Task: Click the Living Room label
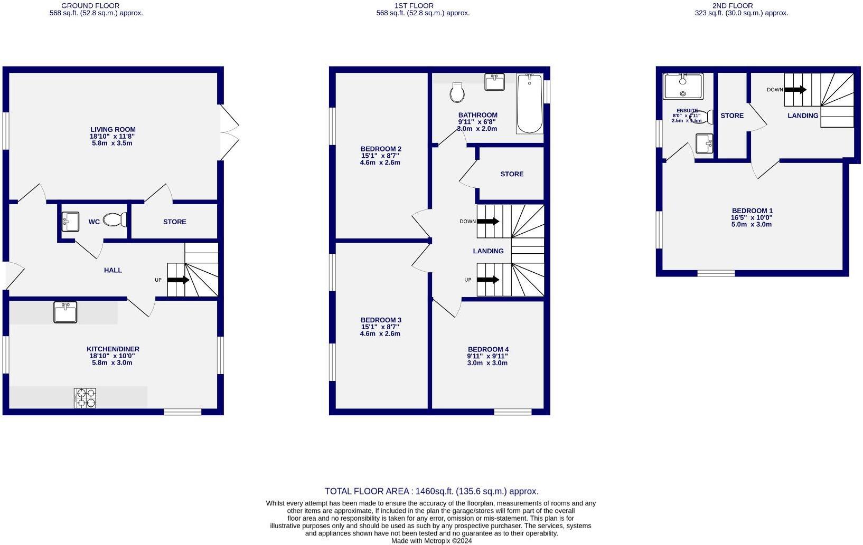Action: coord(113,129)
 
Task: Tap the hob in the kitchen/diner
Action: coord(85,398)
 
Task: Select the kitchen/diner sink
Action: coord(65,312)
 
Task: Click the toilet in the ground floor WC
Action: coord(115,219)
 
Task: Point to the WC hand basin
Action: coord(70,221)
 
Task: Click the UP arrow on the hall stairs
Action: coord(178,280)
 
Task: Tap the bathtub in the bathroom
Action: coord(530,103)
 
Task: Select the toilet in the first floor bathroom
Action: coord(457,93)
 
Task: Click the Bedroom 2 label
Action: coord(381,149)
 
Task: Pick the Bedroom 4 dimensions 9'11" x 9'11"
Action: coord(487,356)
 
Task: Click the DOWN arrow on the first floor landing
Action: coord(487,222)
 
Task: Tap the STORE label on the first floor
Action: coord(512,174)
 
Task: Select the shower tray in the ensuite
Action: coord(683,87)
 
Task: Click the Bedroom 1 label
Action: coord(752,211)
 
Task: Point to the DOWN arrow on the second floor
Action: coord(795,90)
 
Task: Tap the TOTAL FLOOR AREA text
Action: coord(431,491)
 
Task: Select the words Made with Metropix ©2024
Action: coord(431,541)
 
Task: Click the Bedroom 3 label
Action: coord(381,320)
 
